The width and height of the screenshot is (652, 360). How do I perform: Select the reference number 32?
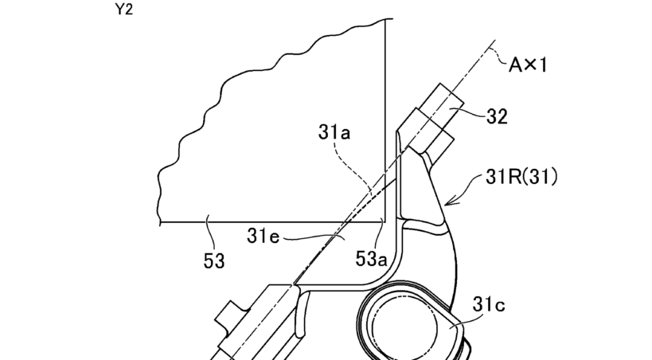click(498, 116)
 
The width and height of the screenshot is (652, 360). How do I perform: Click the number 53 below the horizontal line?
click(213, 260)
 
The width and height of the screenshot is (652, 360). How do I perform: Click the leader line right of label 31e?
click(314, 237)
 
